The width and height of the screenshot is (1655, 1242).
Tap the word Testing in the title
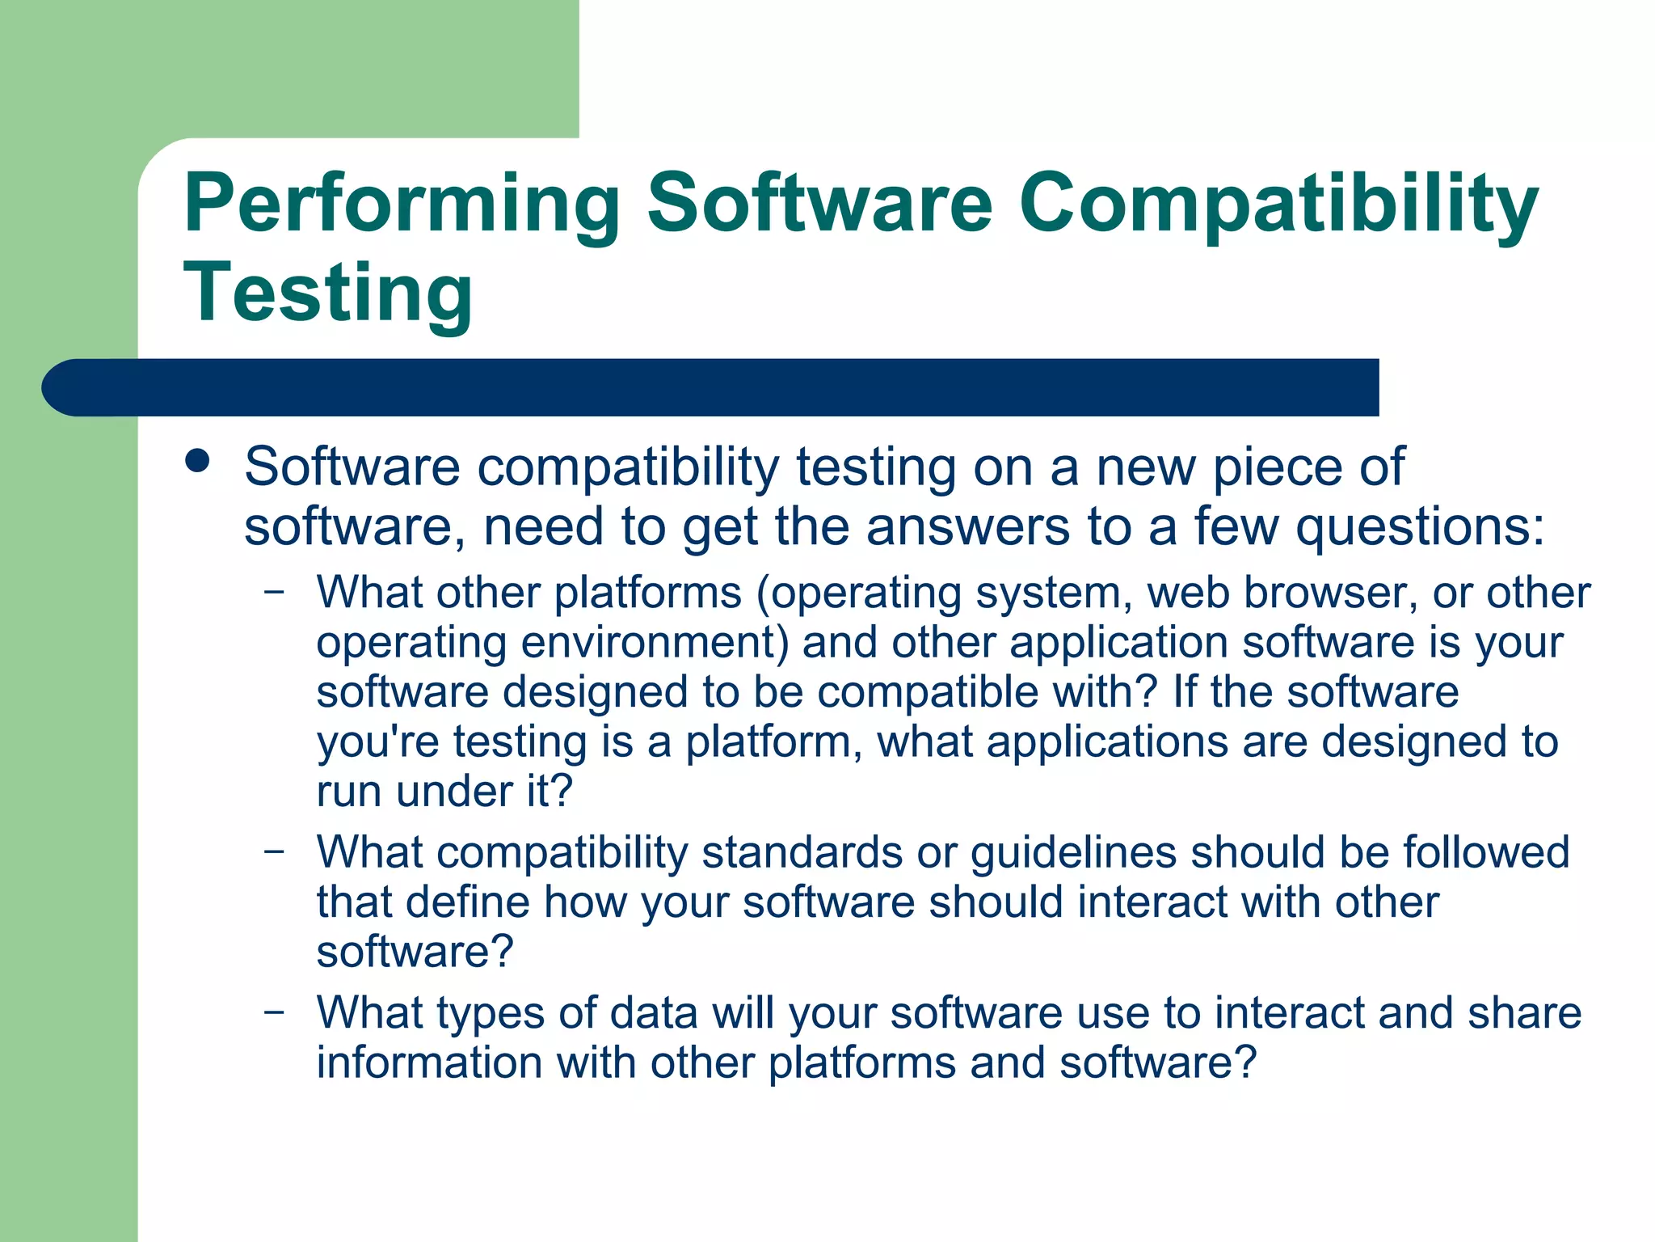[x=328, y=293]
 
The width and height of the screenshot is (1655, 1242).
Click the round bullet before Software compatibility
[x=197, y=462]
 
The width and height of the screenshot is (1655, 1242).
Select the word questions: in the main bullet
[x=1420, y=527]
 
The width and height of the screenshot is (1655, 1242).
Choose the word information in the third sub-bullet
[x=428, y=1062]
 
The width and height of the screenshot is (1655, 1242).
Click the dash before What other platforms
[x=275, y=592]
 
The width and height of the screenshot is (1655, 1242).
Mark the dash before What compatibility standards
[x=275, y=851]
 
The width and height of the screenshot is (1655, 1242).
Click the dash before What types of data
[x=275, y=1012]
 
